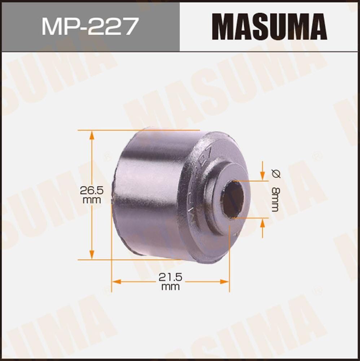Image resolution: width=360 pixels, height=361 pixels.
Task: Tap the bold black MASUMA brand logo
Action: [x=270, y=26]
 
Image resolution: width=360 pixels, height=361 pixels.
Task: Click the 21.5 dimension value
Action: [x=171, y=277]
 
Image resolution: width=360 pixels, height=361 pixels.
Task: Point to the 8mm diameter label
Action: [x=276, y=199]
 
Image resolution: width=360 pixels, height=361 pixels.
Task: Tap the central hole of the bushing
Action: [x=233, y=199]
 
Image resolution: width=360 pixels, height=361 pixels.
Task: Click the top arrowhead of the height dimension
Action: [x=92, y=135]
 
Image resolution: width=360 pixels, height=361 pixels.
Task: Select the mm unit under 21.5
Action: [x=171, y=287]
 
